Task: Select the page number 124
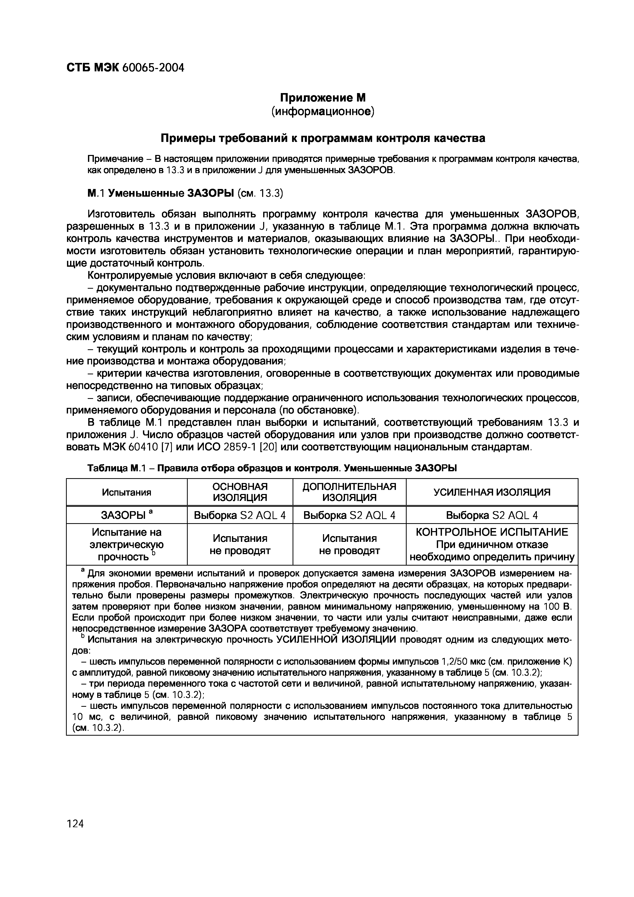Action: coord(75,824)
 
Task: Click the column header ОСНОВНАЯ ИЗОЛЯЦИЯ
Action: coord(240,492)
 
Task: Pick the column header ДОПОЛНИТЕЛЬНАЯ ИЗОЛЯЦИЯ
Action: coord(349,492)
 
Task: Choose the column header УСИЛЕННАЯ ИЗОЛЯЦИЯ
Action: coord(492,492)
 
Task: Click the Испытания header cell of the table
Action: coord(127,492)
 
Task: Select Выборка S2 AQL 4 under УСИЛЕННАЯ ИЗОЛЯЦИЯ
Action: coord(492,516)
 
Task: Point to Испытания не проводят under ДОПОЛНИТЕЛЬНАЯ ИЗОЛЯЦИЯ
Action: coord(349,545)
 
